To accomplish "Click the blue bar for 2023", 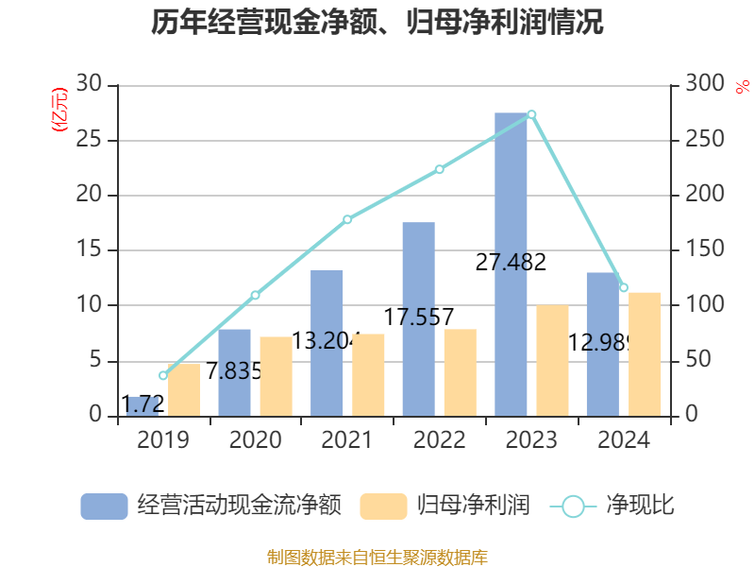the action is [x=511, y=265].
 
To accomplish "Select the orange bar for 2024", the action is [x=645, y=354].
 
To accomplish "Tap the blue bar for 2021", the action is [x=327, y=343].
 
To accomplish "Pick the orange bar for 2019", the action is [x=184, y=390].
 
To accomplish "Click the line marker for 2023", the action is [x=531, y=114].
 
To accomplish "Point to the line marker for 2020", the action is [x=255, y=295].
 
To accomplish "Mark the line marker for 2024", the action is [x=624, y=287].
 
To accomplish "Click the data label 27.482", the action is [x=511, y=263].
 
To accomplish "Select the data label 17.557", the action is [x=419, y=318].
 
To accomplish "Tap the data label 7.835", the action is [x=234, y=370].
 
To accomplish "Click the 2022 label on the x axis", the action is [x=439, y=439].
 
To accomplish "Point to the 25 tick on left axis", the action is [x=89, y=139].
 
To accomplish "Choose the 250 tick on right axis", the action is [x=705, y=139].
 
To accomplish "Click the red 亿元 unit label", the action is [x=59, y=110].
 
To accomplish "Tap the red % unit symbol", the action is [x=743, y=87].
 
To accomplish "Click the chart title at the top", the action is [x=377, y=22].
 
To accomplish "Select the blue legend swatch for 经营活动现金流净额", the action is [x=104, y=507].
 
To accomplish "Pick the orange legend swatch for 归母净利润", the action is [x=383, y=507].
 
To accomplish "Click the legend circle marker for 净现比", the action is [x=573, y=507].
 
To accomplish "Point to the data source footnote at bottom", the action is [x=377, y=557].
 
